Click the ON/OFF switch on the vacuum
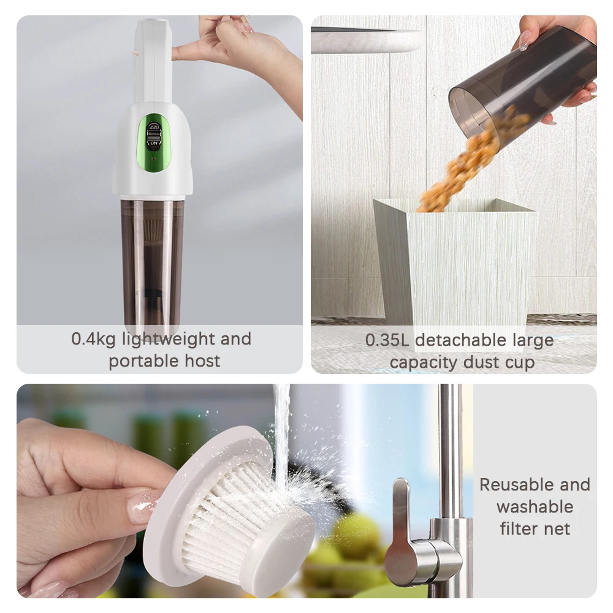click(x=154, y=135)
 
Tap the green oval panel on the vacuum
click(x=154, y=144)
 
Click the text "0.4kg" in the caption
click(x=93, y=339)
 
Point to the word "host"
click(x=202, y=360)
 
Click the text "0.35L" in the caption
click(x=387, y=340)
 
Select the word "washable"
click(x=535, y=507)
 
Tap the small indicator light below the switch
click(x=154, y=160)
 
